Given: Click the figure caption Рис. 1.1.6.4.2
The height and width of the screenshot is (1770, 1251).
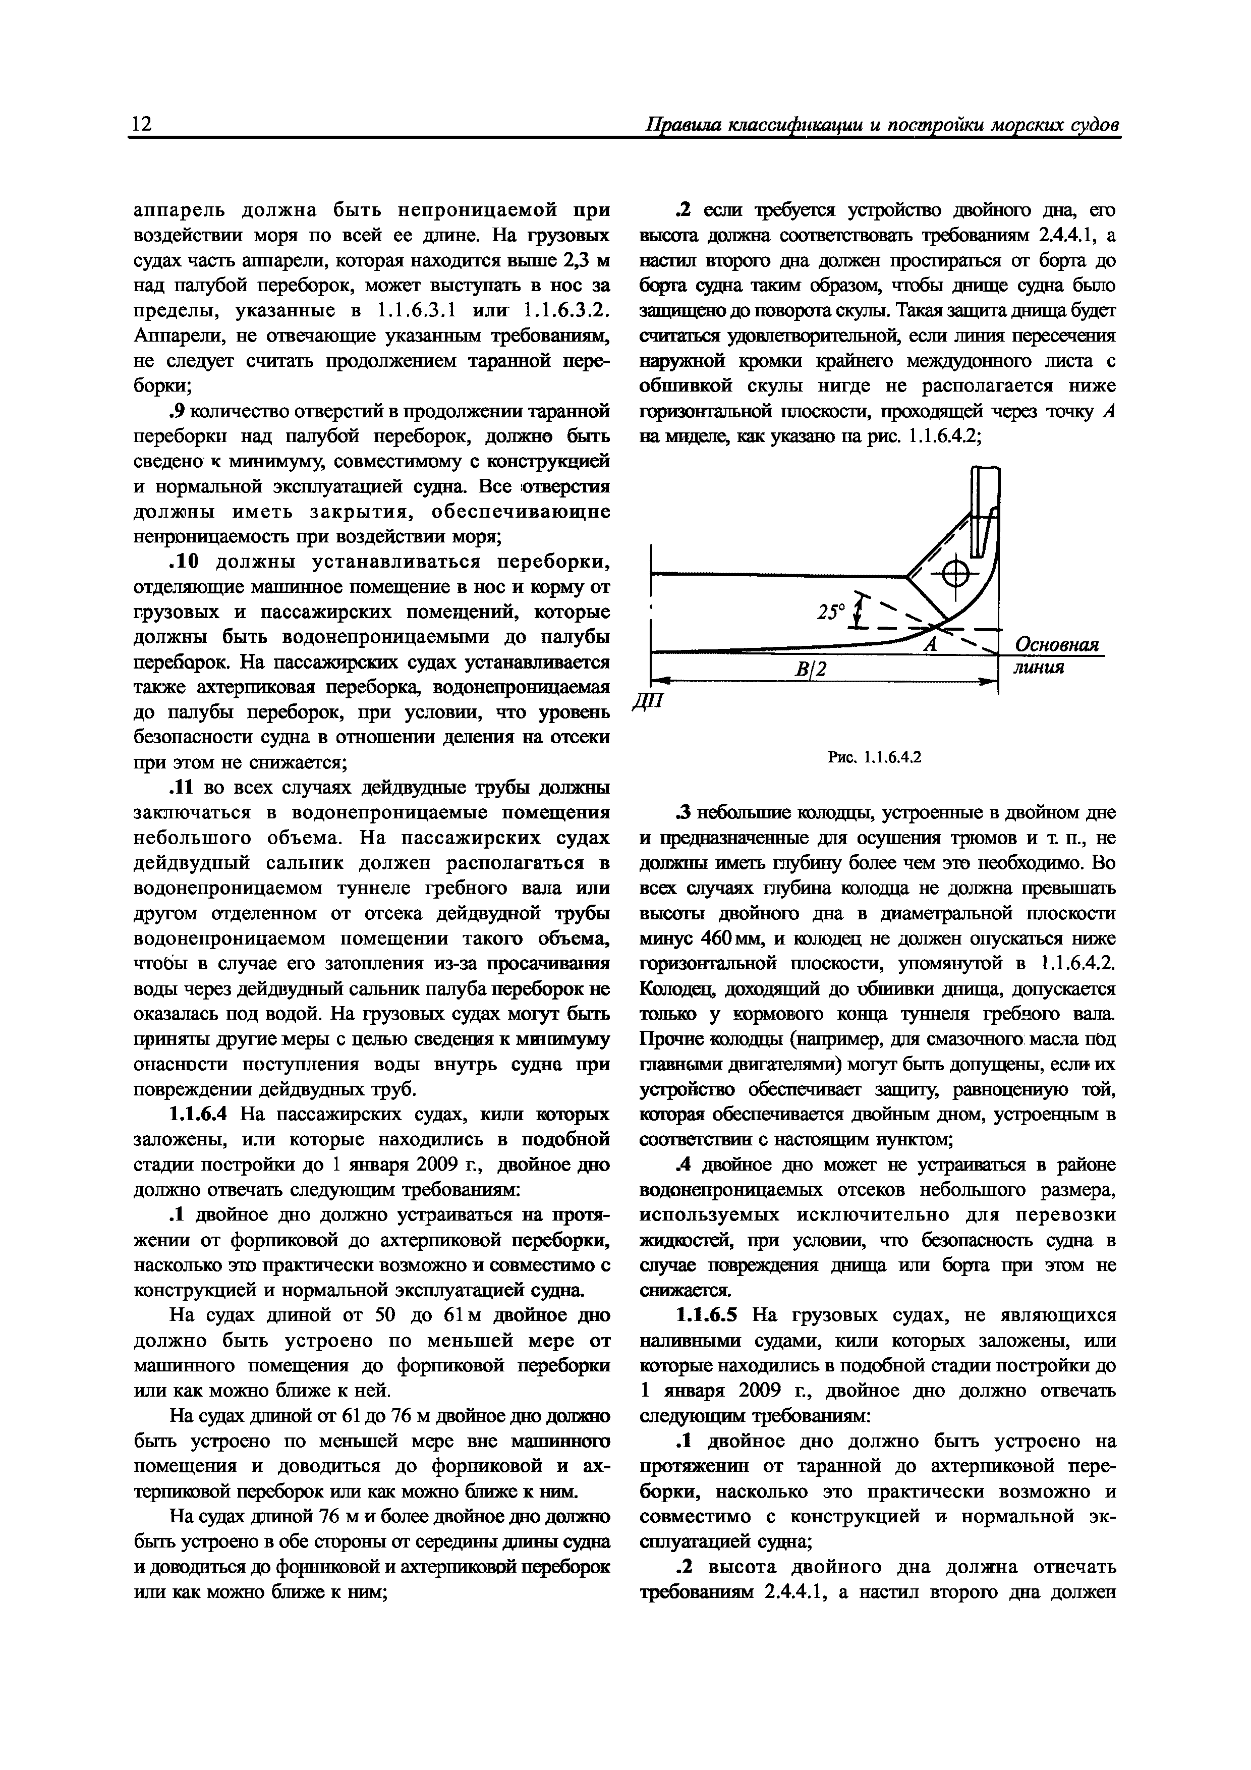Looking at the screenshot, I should click(875, 757).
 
